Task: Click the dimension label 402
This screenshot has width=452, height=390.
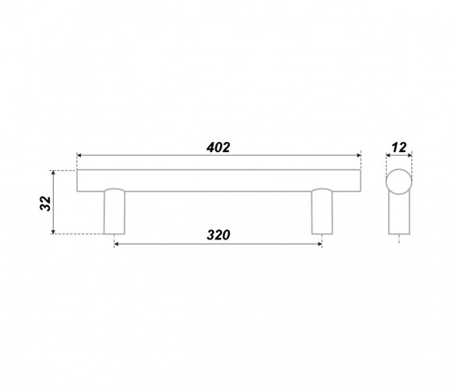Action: tap(218, 147)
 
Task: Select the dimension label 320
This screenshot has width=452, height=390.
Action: tap(218, 235)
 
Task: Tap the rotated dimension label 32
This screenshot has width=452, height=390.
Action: tap(45, 204)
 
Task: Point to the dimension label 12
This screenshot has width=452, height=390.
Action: tap(399, 147)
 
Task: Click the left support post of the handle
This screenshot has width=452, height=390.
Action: tap(115, 211)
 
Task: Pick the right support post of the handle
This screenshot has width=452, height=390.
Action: tap(322, 211)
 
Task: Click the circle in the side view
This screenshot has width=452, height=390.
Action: tap(399, 182)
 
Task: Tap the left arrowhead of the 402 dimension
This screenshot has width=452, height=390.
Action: tap(79, 155)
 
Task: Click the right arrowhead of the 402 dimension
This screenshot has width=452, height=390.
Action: tap(359, 155)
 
